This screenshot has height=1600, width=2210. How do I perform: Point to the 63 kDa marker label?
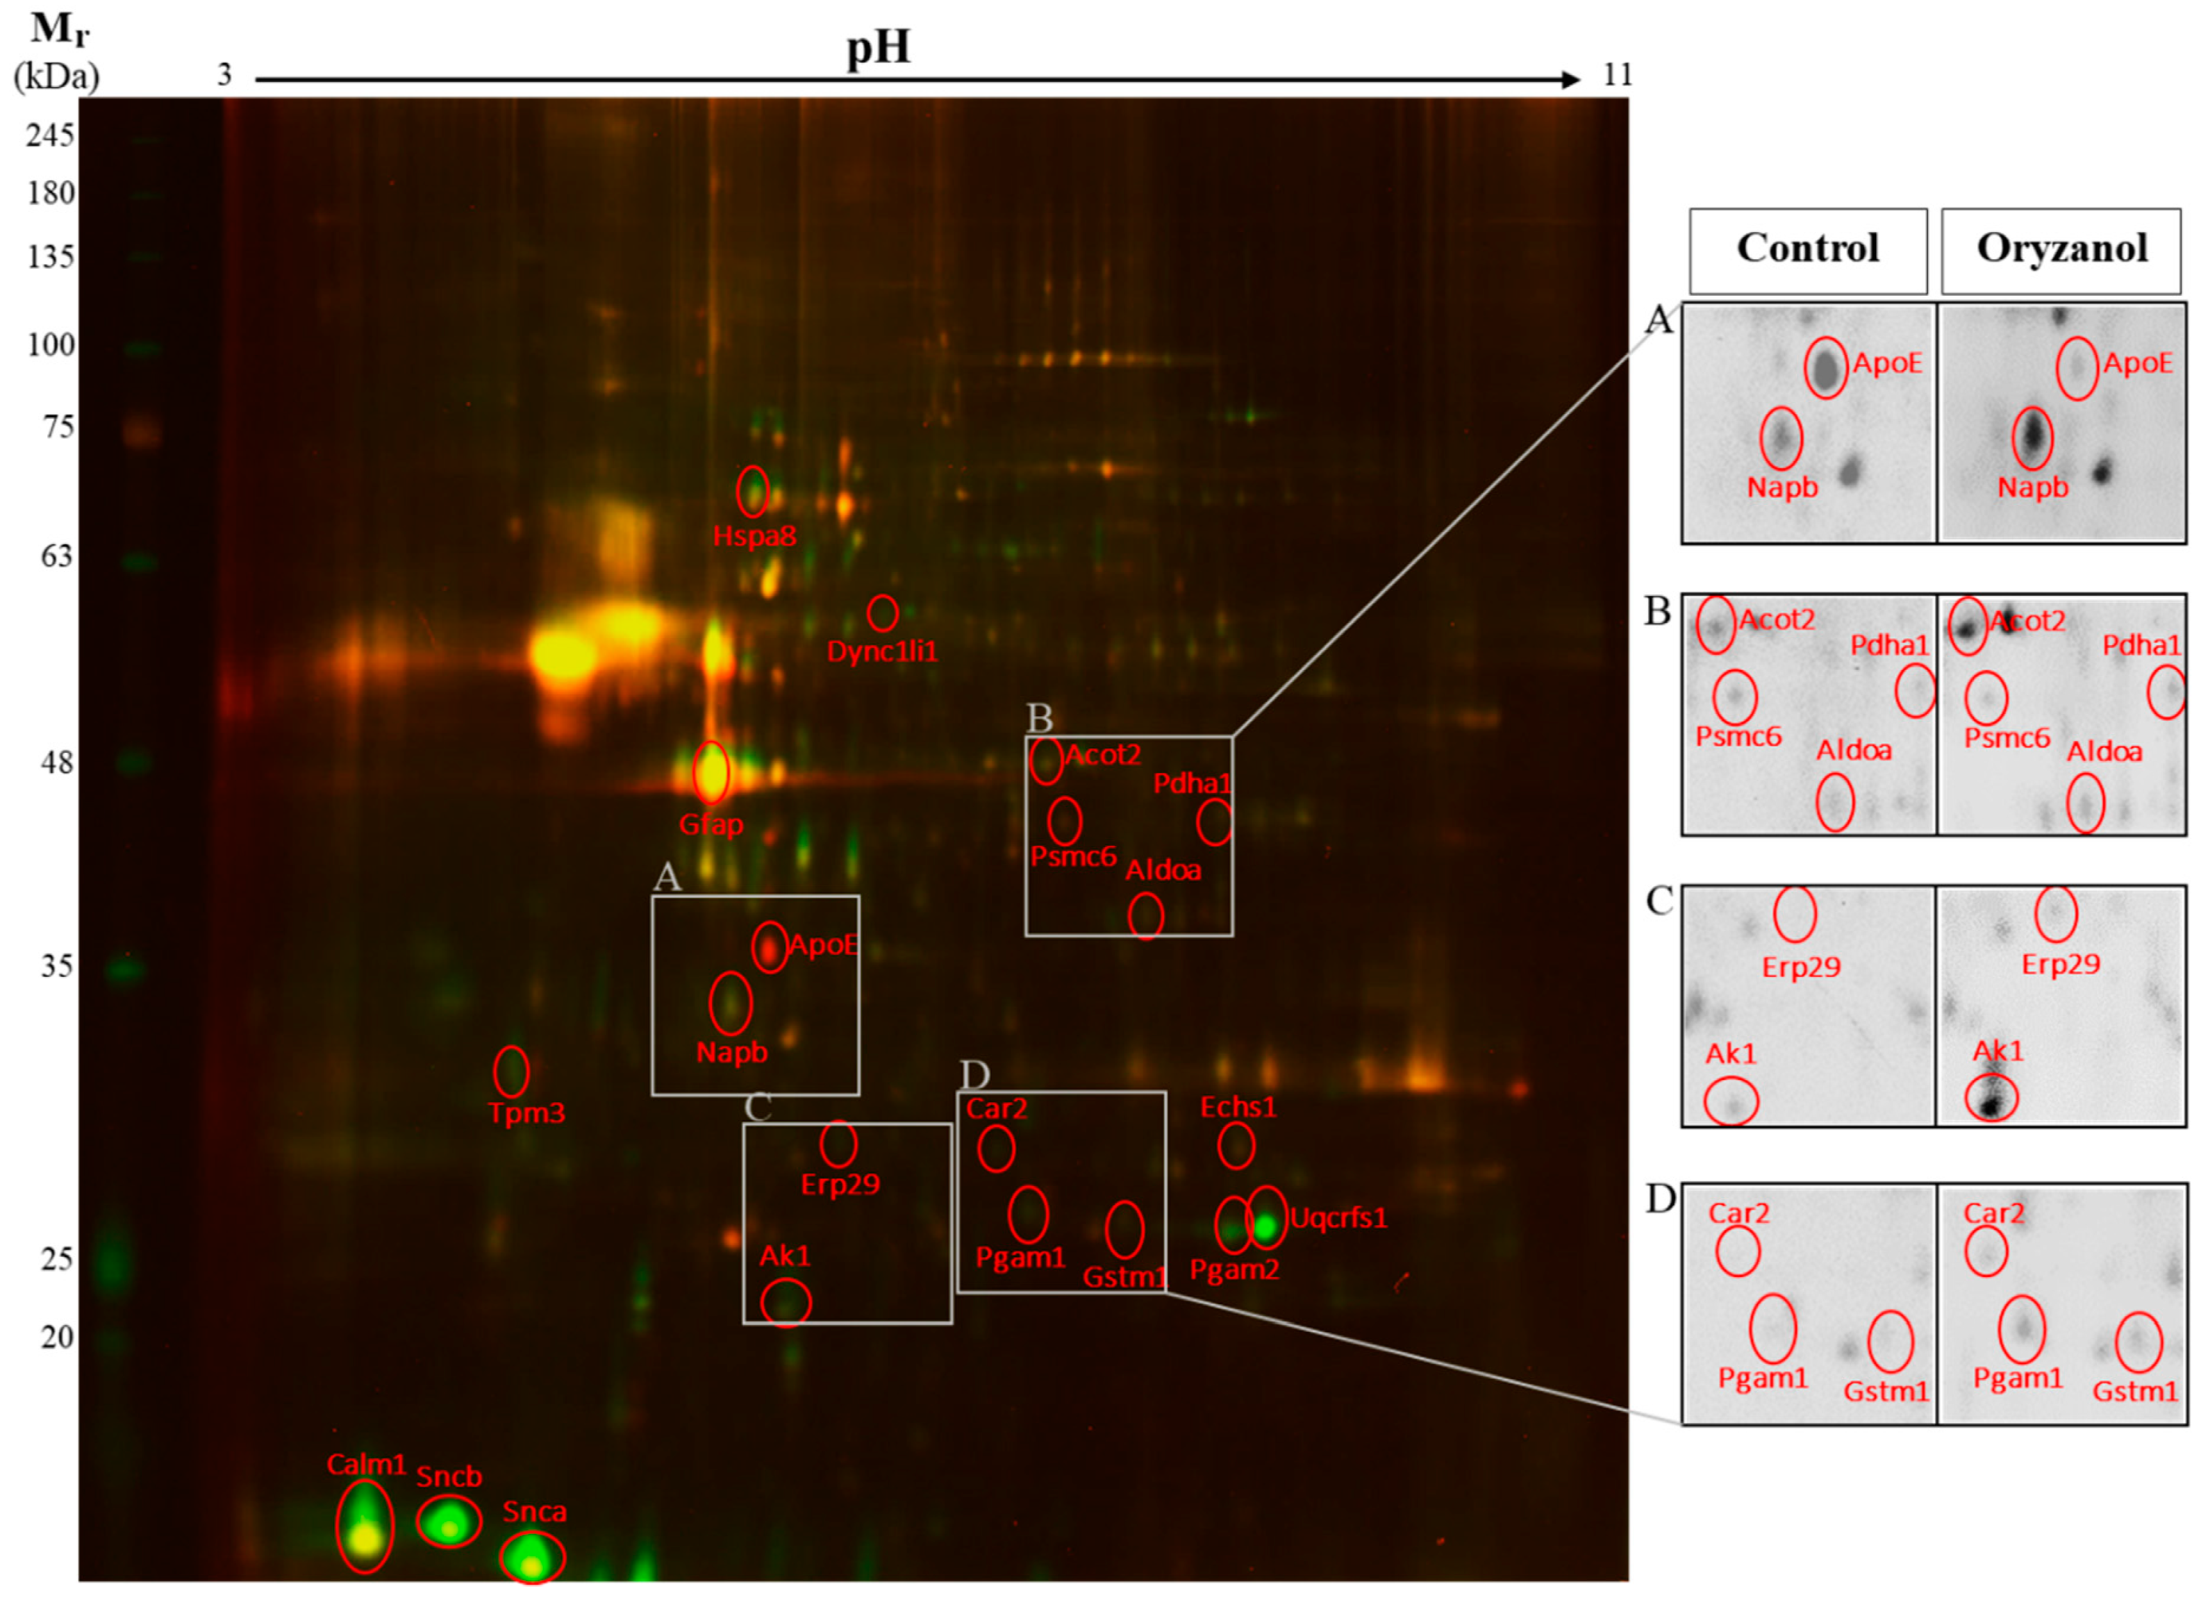[56, 556]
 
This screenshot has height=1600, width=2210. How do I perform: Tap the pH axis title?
[878, 47]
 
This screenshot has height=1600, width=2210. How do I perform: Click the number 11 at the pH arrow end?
[1617, 75]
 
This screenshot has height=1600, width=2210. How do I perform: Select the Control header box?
[1808, 249]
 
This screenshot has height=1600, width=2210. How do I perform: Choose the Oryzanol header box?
[2061, 249]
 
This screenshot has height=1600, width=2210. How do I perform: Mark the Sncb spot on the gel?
[449, 1522]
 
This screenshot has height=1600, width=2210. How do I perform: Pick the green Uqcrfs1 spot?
[1265, 1226]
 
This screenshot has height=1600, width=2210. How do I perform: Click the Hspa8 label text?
[754, 536]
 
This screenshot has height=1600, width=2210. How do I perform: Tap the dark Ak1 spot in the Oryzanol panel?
[1990, 1099]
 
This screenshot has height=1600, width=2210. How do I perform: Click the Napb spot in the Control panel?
[1781, 438]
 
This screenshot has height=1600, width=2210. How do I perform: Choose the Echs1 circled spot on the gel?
[1236, 1145]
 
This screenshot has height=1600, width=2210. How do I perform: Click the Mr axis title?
[58, 29]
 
